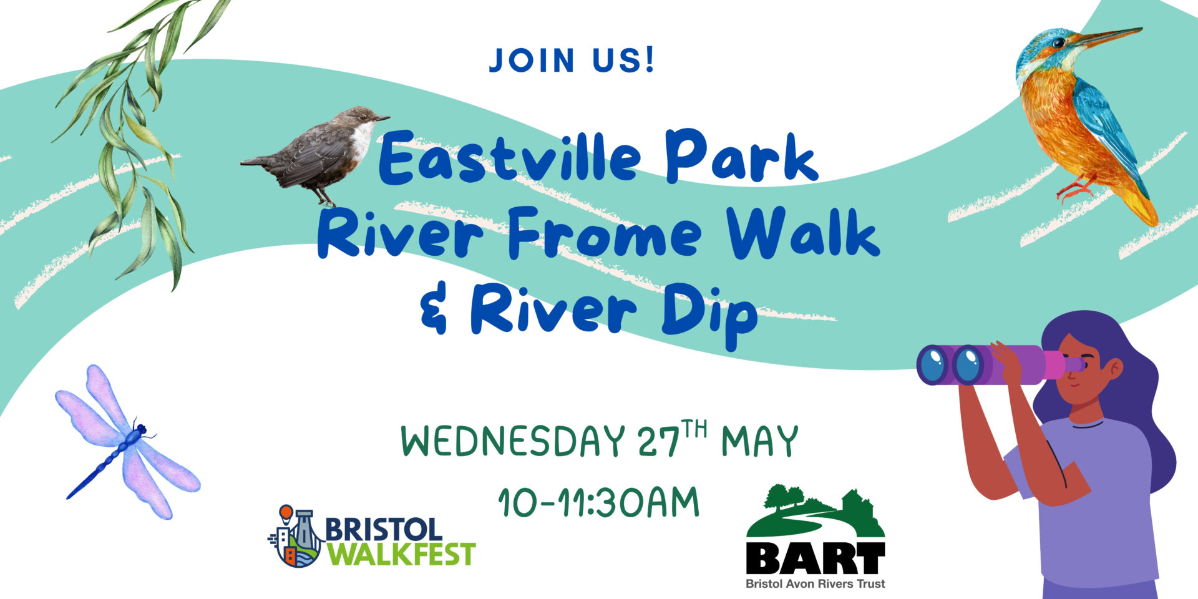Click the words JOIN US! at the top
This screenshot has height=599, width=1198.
point(572,61)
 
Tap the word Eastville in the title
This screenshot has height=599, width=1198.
point(510,157)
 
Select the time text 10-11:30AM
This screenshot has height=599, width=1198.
point(599,502)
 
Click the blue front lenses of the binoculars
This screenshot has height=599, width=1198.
point(949,365)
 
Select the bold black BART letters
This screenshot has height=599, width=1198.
point(816,559)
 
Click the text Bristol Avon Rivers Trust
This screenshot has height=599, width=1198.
point(816,584)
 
